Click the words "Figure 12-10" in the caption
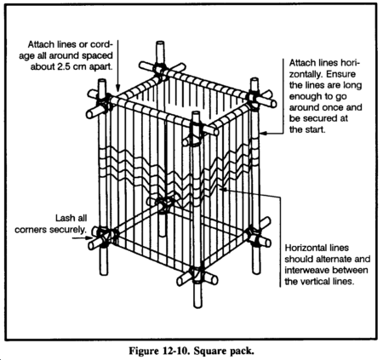pos(158,351)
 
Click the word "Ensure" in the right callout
pos(340,74)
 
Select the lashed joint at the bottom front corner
pos(197,275)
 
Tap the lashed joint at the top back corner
pos(159,70)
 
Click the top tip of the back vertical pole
pos(160,43)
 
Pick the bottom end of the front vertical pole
pos(197,306)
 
